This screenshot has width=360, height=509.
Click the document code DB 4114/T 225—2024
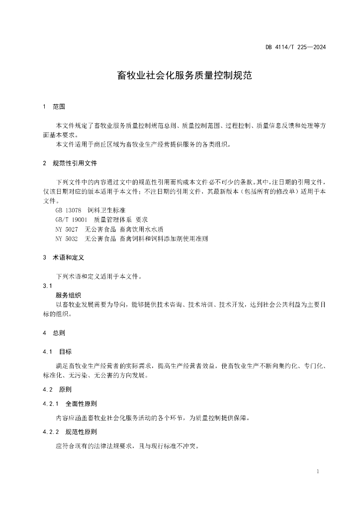click(x=295, y=48)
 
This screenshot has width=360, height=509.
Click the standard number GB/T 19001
click(x=72, y=220)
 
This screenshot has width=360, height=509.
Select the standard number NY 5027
click(x=67, y=229)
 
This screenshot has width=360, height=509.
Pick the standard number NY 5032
click(x=67, y=239)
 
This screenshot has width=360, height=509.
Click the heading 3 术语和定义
click(x=64, y=258)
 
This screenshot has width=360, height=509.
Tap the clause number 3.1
click(x=48, y=286)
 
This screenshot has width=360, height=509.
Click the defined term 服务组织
click(x=68, y=295)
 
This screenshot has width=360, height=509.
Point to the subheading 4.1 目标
click(x=57, y=351)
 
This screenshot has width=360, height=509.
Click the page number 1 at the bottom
click(x=317, y=471)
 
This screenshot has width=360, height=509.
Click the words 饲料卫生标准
click(x=106, y=211)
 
